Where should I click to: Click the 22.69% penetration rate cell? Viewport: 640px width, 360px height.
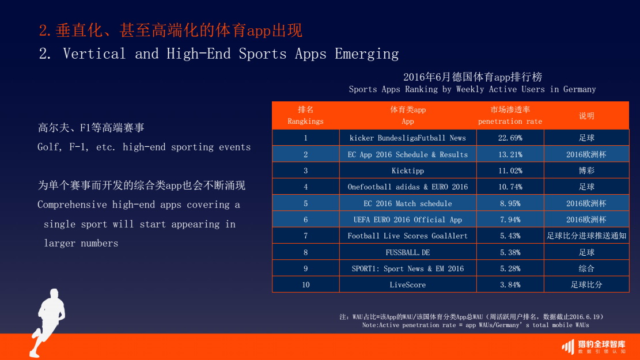[510, 138]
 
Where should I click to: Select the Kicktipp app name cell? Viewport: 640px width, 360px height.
[408, 170]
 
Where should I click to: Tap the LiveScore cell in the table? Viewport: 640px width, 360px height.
[408, 285]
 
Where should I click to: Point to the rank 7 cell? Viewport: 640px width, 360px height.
[306, 236]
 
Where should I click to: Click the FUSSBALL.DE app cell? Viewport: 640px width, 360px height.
[408, 252]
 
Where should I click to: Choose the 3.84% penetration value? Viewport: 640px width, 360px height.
[510, 285]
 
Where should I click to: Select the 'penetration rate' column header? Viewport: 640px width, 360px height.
[510, 115]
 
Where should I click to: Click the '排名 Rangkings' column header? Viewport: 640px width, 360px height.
[306, 115]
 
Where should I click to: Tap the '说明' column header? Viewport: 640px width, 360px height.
[586, 116]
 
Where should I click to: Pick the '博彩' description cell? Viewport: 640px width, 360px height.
[586, 170]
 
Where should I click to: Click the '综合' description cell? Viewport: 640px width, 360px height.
[586, 268]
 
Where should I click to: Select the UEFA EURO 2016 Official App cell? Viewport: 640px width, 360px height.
[408, 219]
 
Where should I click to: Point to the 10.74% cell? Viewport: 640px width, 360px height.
[510, 187]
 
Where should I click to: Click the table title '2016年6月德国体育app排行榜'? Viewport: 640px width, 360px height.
[472, 77]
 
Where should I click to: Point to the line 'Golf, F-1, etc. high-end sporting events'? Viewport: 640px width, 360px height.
[144, 147]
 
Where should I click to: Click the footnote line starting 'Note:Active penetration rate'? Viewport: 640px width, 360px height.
[475, 325]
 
